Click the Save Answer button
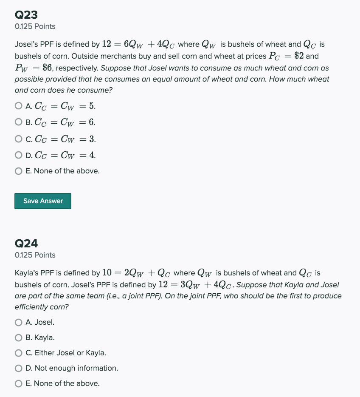point(43,201)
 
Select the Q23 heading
point(26,15)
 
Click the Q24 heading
point(26,244)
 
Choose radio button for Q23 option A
point(18,105)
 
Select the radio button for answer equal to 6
point(18,122)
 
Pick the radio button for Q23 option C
point(18,139)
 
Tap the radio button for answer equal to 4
point(18,155)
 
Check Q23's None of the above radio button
point(18,171)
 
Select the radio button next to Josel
point(18,322)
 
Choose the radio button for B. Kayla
point(18,337)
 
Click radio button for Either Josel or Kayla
point(18,353)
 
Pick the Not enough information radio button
point(18,368)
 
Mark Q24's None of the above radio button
point(18,383)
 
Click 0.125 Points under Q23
point(35,26)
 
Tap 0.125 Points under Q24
point(35,255)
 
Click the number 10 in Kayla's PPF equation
point(107,273)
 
